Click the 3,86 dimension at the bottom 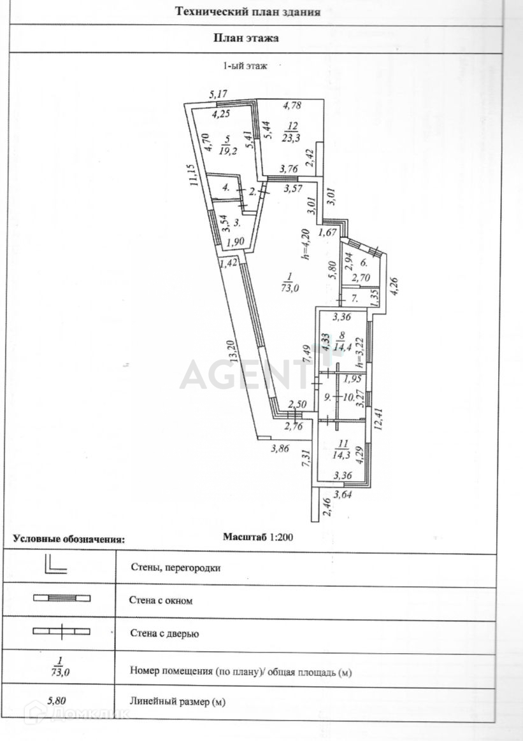tap(280, 448)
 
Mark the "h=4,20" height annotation tap(306, 245)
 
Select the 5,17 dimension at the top tap(219, 94)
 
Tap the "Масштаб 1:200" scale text tap(257, 537)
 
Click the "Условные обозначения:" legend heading tap(69, 539)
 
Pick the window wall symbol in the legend tap(62, 598)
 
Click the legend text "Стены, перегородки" tap(175, 567)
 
